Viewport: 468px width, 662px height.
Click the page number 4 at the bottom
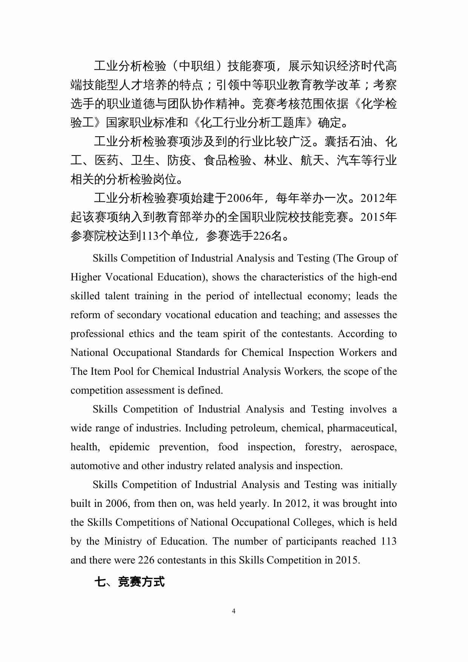(x=233, y=611)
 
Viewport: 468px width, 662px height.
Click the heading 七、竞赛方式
(x=129, y=582)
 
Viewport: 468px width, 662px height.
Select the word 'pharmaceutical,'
(x=362, y=428)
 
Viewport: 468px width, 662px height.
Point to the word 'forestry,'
(x=323, y=447)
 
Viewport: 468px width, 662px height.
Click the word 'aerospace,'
(x=374, y=447)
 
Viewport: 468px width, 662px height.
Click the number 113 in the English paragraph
(x=388, y=541)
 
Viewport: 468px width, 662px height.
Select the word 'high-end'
(x=377, y=277)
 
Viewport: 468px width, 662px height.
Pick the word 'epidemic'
(x=129, y=447)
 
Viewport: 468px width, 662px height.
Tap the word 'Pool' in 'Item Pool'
(x=124, y=371)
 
